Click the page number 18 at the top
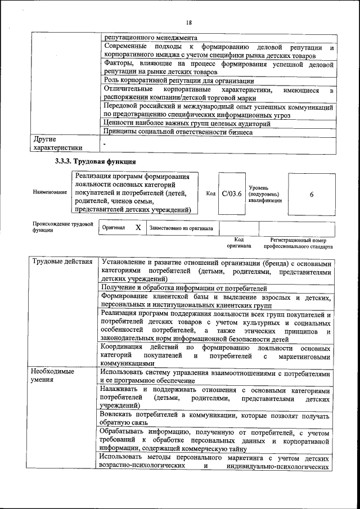click(189, 22)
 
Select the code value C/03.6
click(231, 193)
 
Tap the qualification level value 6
click(311, 193)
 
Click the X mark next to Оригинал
click(138, 228)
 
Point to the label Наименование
click(49, 193)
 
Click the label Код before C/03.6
click(211, 193)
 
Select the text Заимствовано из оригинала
click(181, 228)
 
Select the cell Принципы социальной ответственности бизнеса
click(178, 132)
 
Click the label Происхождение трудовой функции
click(62, 227)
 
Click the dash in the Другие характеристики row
click(105, 144)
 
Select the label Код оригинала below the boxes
click(238, 243)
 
